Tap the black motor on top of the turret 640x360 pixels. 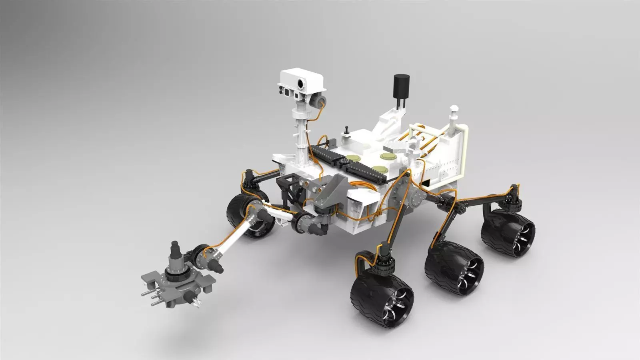click(x=175, y=250)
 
